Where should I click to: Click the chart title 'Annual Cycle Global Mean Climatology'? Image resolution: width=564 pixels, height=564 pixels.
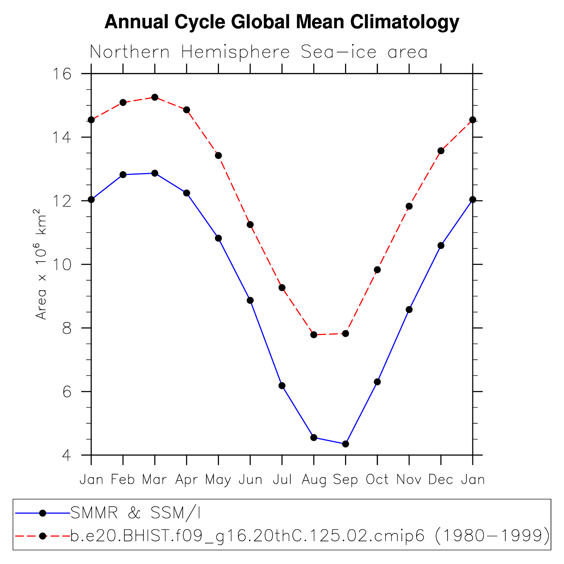[x=282, y=22]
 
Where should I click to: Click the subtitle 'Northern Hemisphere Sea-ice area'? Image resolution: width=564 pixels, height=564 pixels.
[x=258, y=52]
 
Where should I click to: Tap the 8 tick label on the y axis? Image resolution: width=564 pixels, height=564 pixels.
[x=67, y=328]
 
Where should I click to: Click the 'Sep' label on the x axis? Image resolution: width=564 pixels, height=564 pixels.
[x=345, y=479]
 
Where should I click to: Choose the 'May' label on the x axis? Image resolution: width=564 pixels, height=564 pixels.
[x=218, y=479]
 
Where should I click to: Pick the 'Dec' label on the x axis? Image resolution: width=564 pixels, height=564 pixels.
[x=441, y=479]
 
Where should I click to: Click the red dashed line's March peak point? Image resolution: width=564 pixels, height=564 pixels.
[x=155, y=97]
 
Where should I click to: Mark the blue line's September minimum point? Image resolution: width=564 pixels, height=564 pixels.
[x=345, y=444]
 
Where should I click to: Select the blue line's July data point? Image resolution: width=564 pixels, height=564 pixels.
[x=282, y=386]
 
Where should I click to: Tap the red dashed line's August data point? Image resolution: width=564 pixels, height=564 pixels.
[x=314, y=335]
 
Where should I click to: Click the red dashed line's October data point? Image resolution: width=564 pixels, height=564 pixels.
[x=377, y=270]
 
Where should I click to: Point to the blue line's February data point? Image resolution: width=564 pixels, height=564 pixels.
[x=123, y=175]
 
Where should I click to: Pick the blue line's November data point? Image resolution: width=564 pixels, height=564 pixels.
[x=409, y=310]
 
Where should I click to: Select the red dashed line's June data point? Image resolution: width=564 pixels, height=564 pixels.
[x=250, y=225]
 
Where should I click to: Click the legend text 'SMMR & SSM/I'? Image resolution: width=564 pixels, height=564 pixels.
[x=135, y=513]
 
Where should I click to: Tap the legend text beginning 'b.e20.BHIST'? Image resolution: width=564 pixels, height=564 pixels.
[x=310, y=536]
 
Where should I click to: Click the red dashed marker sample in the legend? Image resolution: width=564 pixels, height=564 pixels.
[x=43, y=536]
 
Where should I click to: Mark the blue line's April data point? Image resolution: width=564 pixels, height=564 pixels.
[x=187, y=193]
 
